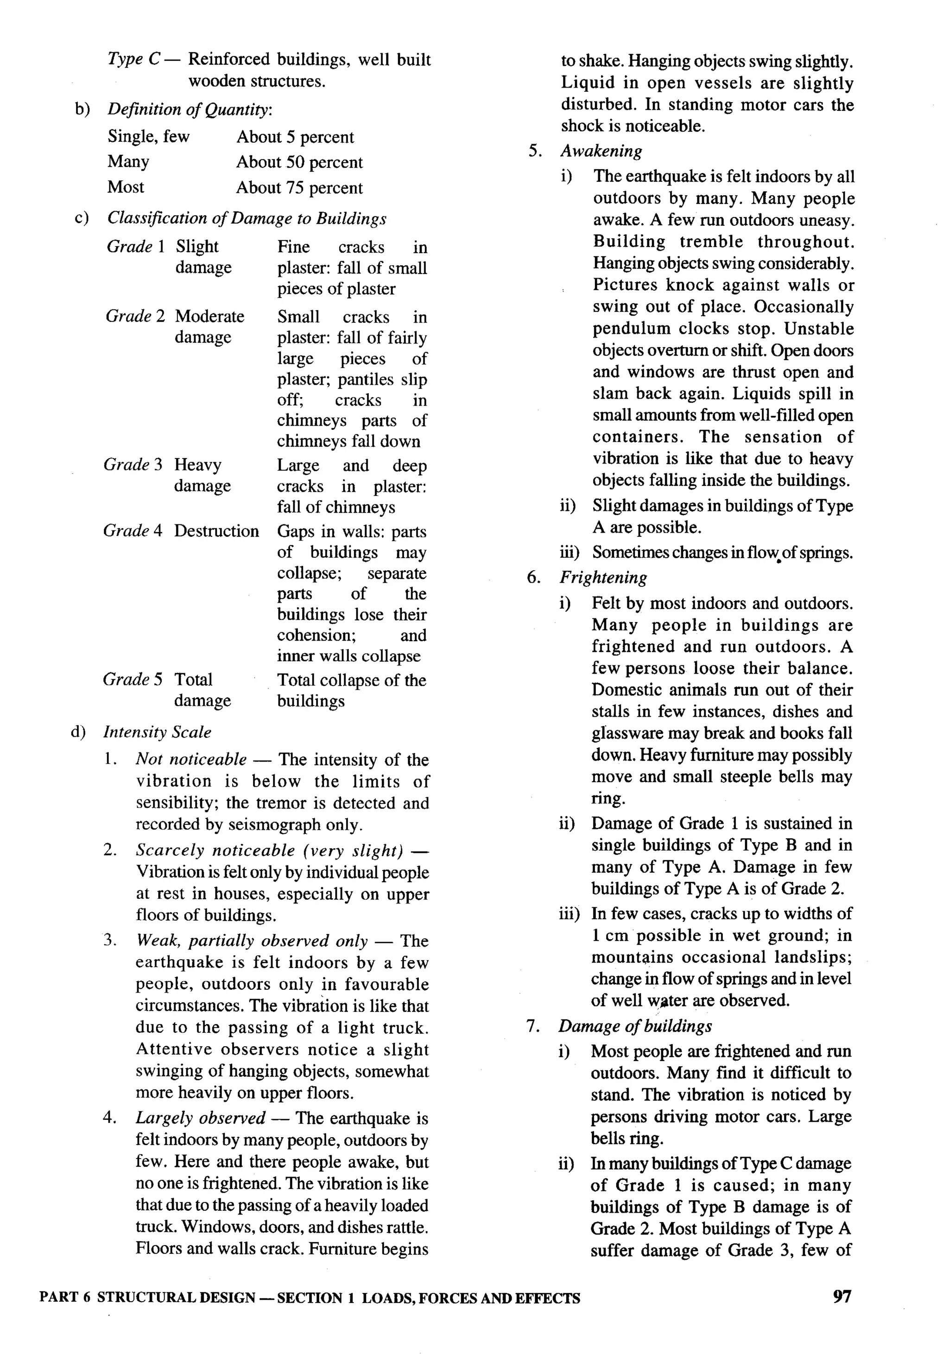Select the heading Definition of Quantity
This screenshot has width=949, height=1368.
[189, 109]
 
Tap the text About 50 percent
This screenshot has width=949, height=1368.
[299, 162]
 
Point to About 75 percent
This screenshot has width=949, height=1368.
[299, 187]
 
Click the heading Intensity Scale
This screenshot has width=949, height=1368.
[157, 732]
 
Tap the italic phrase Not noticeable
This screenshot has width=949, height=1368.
[191, 759]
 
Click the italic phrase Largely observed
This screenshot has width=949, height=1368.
[200, 1118]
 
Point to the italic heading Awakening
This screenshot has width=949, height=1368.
[601, 151]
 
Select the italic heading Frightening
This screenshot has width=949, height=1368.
[603, 578]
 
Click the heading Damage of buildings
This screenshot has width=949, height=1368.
[634, 1026]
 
